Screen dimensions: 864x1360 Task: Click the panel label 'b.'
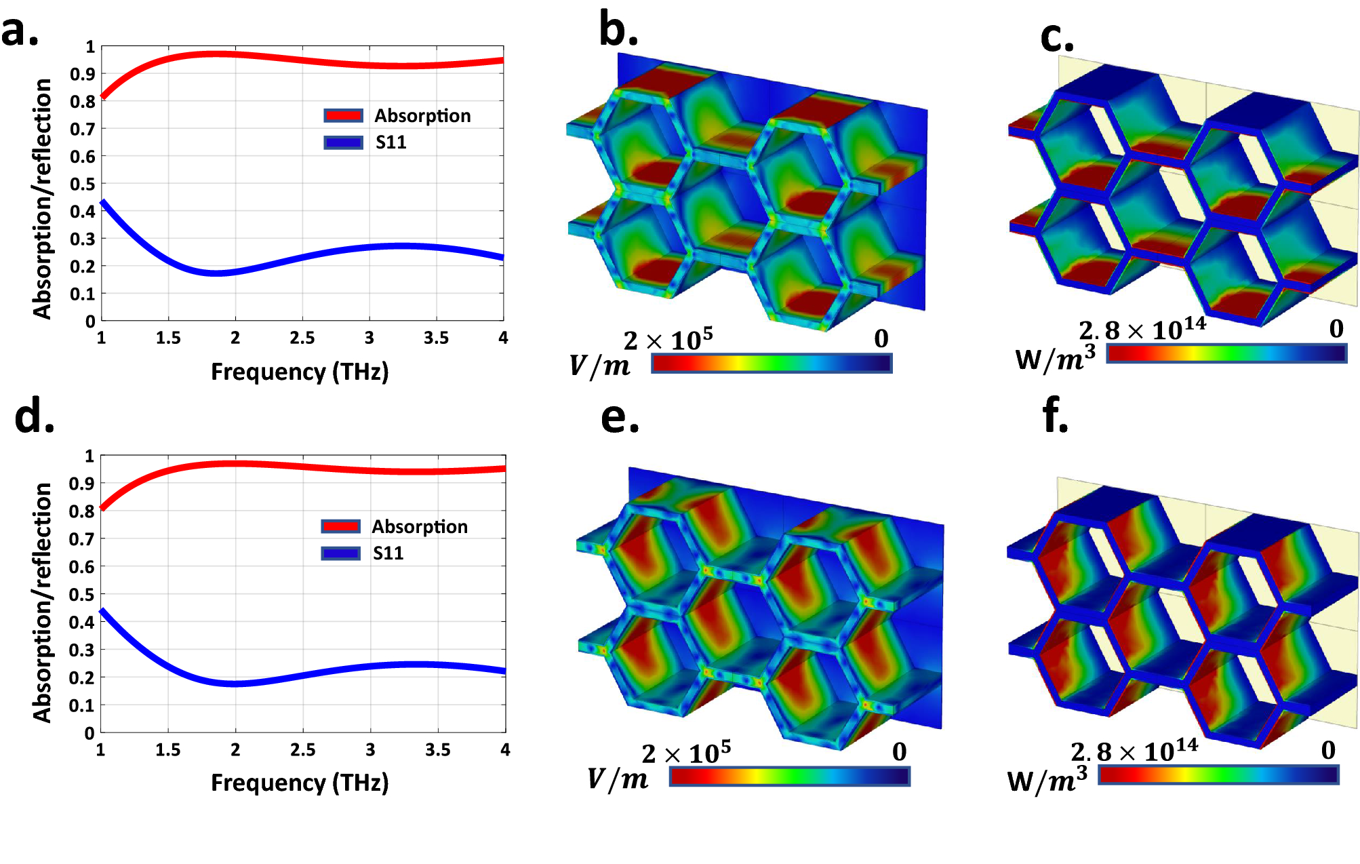(x=618, y=31)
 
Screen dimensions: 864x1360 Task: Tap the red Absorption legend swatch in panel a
(x=343, y=115)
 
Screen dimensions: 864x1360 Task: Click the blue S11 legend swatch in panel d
(x=340, y=553)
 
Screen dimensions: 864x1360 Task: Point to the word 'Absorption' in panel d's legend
(x=420, y=527)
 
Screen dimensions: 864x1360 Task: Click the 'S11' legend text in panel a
(x=391, y=142)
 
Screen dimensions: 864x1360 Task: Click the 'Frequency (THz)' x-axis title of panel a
(x=300, y=372)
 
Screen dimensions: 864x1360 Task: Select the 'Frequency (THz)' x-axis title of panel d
(x=300, y=783)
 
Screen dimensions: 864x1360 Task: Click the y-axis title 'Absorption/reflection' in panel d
(x=42, y=602)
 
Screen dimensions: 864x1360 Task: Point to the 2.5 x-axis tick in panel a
(x=302, y=338)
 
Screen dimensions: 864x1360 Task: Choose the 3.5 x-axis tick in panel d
(x=437, y=749)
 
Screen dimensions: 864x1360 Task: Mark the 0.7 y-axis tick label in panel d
(x=81, y=539)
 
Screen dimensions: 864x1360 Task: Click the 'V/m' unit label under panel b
(x=599, y=366)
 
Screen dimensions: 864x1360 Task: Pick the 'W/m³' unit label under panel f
(x=1047, y=780)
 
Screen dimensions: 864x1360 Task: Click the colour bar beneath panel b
(x=771, y=364)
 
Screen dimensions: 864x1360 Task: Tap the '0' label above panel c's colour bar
(x=1336, y=329)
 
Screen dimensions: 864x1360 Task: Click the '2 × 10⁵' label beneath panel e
(x=686, y=753)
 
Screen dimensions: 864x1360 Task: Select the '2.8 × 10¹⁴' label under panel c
(x=1142, y=330)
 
